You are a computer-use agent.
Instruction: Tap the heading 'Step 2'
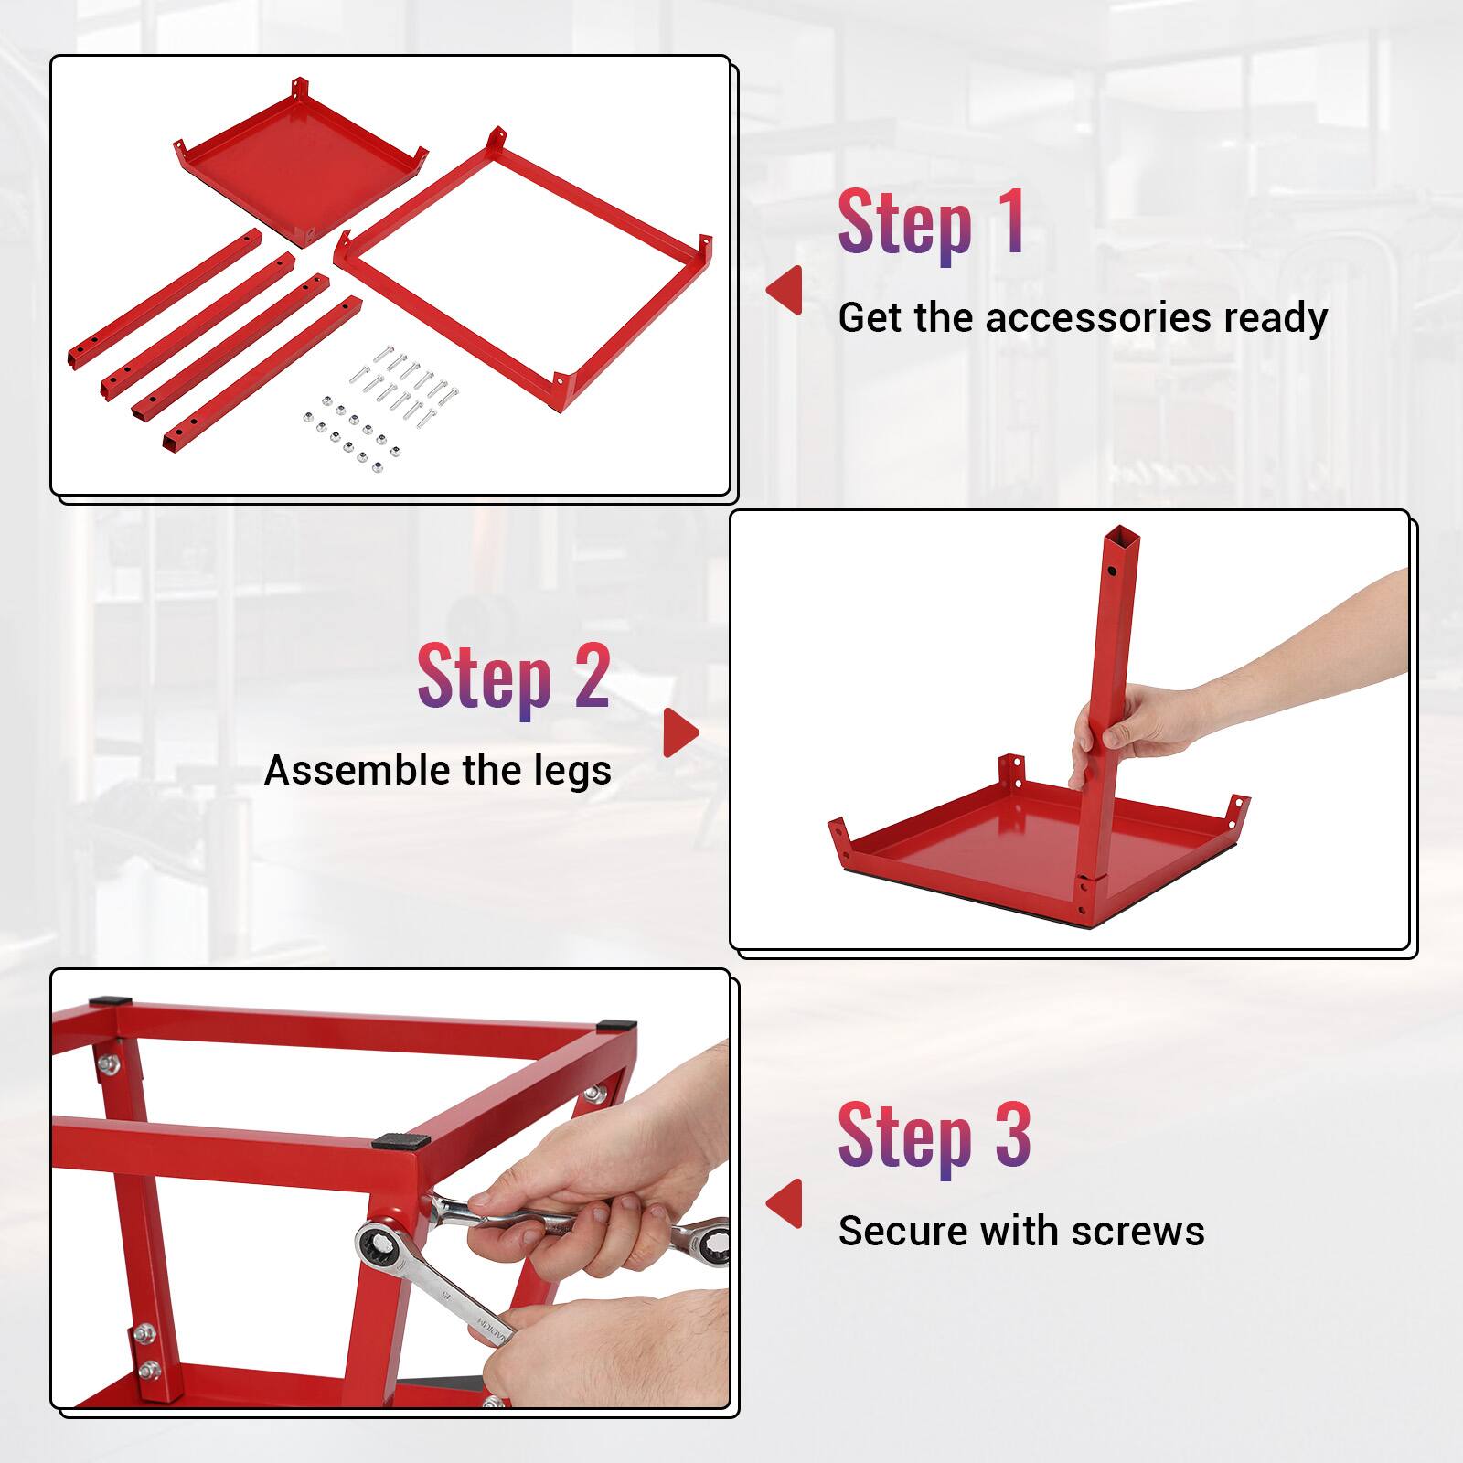[513, 678]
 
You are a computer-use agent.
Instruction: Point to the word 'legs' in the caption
[573, 770]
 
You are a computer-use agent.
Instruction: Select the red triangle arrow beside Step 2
[679, 732]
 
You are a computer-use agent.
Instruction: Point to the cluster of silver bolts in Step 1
[407, 384]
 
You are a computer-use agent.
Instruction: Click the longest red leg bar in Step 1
[165, 298]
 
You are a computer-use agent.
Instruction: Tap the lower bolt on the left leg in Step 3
[148, 1369]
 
